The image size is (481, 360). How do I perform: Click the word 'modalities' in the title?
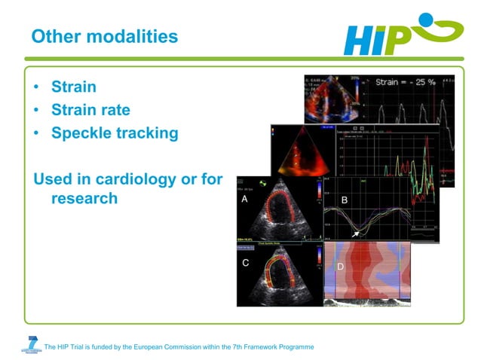pos(136,35)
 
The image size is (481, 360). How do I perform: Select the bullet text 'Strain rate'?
pos(90,110)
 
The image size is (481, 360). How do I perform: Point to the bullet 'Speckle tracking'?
pos(115,133)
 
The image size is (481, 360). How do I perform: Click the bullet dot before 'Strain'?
pos(37,87)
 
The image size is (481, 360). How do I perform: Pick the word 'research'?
pos(84,199)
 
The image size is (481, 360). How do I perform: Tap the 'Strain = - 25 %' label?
pos(406,82)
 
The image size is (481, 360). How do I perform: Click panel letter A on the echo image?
pos(244,200)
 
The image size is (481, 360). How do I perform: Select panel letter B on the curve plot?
pos(344,200)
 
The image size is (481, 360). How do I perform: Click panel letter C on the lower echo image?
pos(246,263)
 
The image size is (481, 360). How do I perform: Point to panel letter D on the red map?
pos(340,266)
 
